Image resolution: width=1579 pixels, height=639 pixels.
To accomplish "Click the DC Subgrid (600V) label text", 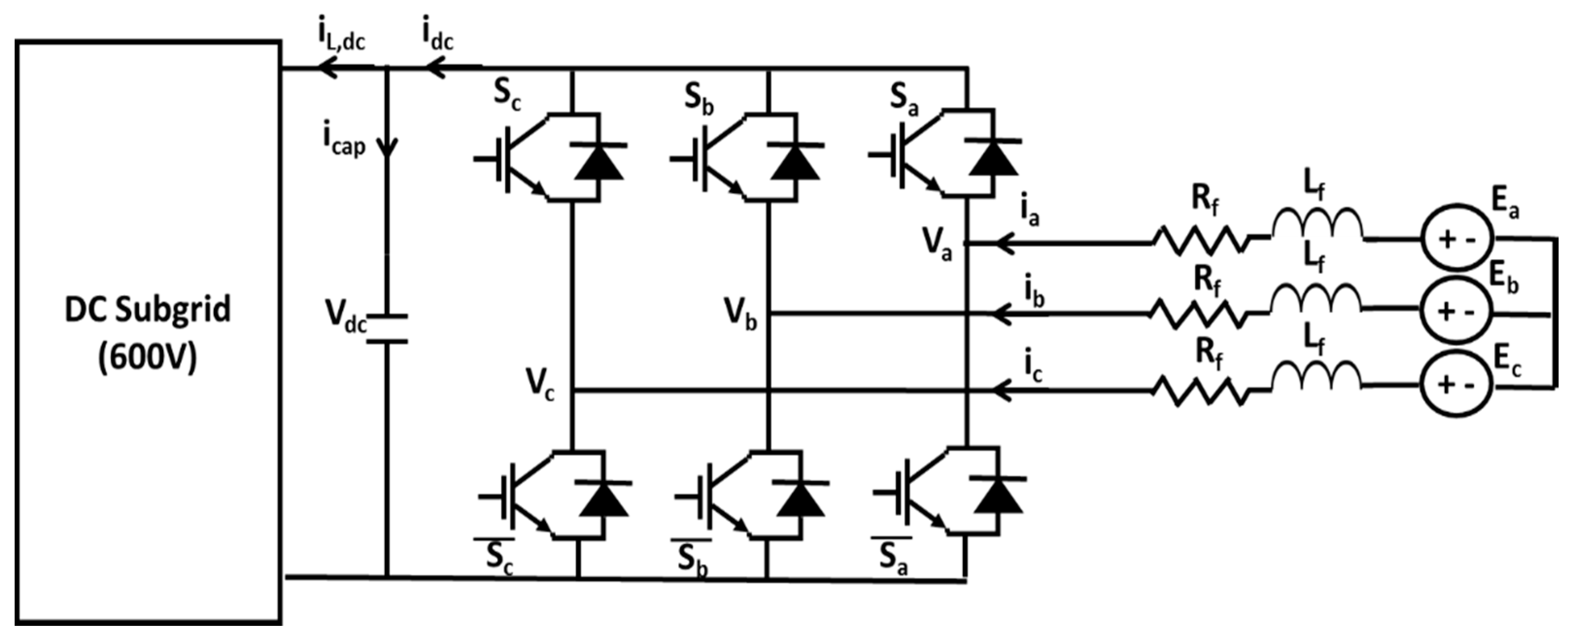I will [x=148, y=333].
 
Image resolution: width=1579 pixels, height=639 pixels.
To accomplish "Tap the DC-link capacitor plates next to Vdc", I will [x=387, y=328].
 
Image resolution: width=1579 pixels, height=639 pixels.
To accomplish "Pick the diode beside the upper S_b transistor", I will [x=795, y=162].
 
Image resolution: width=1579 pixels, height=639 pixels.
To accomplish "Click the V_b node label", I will [x=741, y=314].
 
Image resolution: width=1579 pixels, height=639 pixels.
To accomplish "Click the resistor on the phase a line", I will [x=1200, y=241].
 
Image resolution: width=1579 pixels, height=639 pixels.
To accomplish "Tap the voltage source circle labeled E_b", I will [x=1457, y=312].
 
